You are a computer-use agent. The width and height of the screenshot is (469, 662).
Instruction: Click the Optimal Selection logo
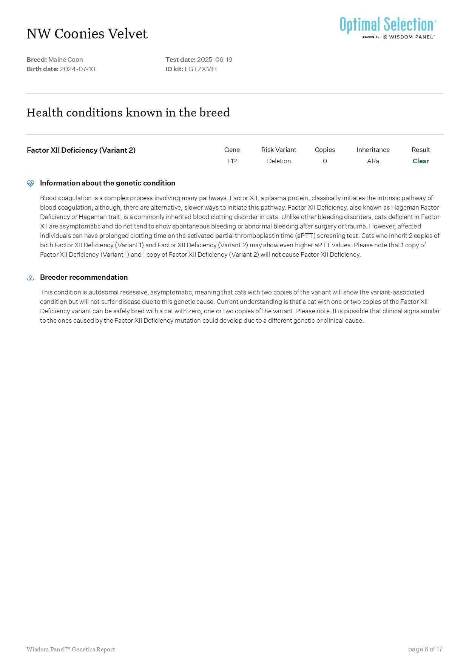tap(387, 27)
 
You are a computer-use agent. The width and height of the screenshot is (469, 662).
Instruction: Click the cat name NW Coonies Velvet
tap(87, 34)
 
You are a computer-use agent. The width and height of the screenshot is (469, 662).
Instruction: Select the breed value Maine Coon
tap(66, 60)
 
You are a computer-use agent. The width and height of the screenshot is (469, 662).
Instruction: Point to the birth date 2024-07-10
tap(77, 69)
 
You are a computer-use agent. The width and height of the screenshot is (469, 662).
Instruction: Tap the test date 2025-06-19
tap(214, 60)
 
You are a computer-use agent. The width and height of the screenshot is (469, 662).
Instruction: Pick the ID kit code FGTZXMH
tap(201, 69)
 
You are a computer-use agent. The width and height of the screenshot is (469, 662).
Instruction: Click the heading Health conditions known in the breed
tap(128, 113)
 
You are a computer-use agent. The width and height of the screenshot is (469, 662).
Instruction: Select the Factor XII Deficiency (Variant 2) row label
tap(81, 150)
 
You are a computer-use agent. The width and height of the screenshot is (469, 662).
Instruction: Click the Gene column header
tap(232, 150)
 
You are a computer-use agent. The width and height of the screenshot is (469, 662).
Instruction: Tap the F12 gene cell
tap(232, 161)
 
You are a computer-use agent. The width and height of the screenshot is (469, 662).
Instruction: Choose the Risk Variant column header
tap(279, 150)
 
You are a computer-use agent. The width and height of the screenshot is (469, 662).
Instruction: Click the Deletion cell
tap(279, 161)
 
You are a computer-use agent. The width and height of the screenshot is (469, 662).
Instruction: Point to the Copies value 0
tap(325, 161)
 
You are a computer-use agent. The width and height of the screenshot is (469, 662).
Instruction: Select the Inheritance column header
tap(373, 150)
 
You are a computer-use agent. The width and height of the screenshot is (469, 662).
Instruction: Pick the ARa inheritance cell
tap(373, 161)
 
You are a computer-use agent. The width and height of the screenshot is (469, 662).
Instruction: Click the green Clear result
tap(421, 161)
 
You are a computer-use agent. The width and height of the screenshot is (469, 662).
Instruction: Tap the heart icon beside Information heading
tap(31, 184)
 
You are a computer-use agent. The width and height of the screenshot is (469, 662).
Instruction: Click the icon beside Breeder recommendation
tap(31, 278)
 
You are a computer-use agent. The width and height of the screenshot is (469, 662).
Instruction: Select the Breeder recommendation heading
tap(84, 277)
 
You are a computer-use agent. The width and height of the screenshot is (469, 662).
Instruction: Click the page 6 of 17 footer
tap(425, 649)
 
